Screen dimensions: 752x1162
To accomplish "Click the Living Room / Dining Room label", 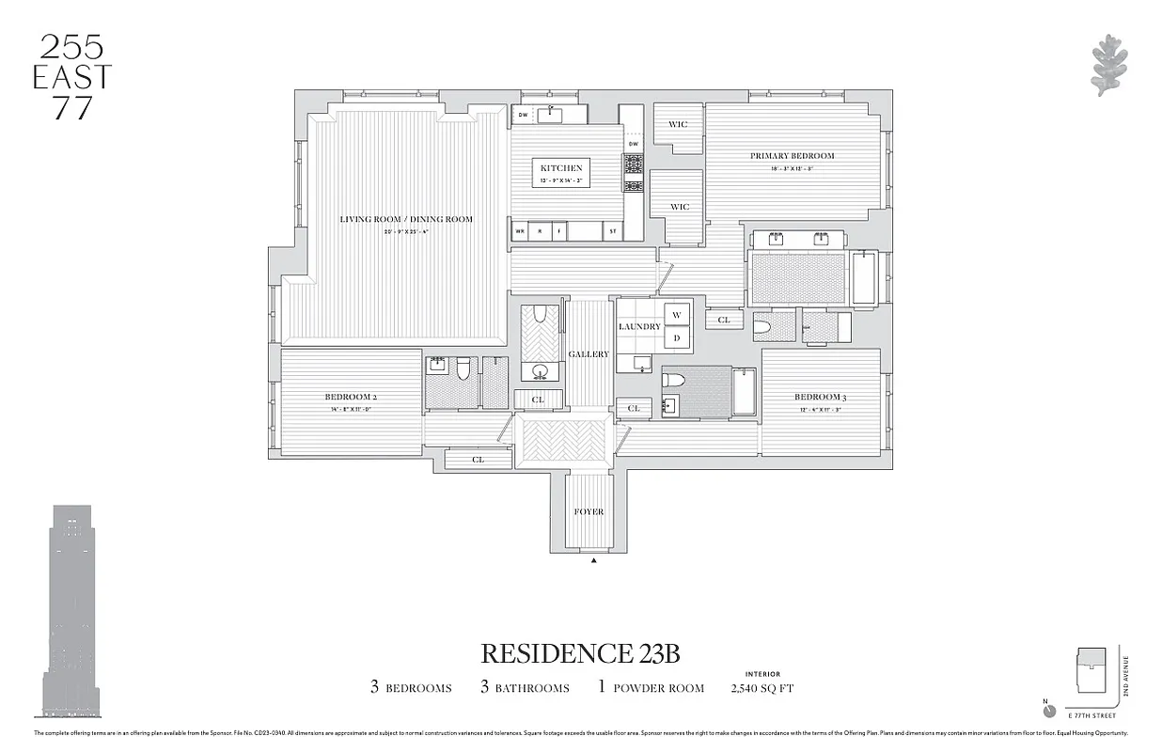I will click(x=406, y=219).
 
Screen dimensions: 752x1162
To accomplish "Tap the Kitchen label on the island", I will click(x=561, y=168).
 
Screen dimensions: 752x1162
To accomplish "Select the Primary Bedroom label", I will click(x=792, y=156).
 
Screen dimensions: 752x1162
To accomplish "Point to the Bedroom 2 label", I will click(x=351, y=397).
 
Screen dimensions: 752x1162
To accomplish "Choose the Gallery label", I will click(x=589, y=354).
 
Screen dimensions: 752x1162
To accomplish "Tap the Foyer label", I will click(x=589, y=511).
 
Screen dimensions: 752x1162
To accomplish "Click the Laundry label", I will click(x=639, y=327).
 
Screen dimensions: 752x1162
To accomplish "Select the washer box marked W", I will click(x=677, y=315).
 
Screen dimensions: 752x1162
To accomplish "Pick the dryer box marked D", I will click(x=677, y=337).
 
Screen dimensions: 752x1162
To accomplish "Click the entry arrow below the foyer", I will click(x=594, y=561).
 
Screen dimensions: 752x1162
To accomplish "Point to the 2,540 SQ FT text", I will click(x=762, y=688).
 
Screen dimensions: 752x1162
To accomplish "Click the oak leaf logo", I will click(x=1108, y=65).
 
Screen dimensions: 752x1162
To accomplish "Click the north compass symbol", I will click(x=1049, y=710).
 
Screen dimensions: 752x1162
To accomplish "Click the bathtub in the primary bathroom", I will click(x=863, y=277).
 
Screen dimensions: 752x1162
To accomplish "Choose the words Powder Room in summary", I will click(x=659, y=688).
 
